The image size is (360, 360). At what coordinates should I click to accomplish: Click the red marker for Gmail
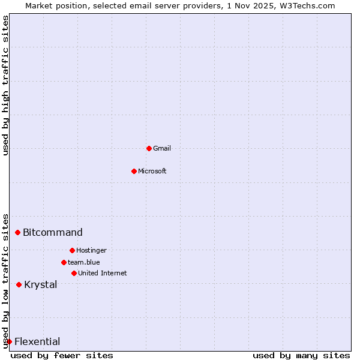click(x=149, y=148)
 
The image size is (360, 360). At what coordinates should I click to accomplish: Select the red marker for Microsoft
click(x=134, y=171)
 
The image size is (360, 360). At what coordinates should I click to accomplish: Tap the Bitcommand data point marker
click(x=18, y=232)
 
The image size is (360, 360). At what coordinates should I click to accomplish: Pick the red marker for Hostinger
click(x=72, y=250)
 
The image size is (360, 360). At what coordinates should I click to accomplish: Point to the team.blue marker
click(x=64, y=262)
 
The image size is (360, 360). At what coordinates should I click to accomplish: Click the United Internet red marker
click(x=74, y=273)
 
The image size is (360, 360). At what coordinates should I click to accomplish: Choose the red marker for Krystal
click(x=19, y=284)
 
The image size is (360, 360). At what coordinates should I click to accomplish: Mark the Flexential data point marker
click(x=9, y=341)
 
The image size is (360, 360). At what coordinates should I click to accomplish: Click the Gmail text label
click(x=162, y=148)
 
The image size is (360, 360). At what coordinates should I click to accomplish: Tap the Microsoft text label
click(x=152, y=171)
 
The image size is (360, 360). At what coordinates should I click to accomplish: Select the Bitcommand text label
click(x=53, y=232)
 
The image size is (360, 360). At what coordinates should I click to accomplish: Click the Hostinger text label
click(x=91, y=250)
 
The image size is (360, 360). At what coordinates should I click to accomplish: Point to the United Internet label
click(x=103, y=273)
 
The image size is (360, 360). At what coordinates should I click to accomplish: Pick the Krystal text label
click(x=41, y=284)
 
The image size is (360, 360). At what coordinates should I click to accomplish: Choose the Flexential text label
click(x=37, y=341)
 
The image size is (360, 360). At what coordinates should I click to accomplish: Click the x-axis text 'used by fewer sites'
click(x=62, y=355)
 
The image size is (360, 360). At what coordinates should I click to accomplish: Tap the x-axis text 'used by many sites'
click(x=301, y=355)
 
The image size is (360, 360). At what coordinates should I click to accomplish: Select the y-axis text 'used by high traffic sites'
click(x=5, y=85)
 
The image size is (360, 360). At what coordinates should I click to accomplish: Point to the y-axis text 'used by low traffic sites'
click(x=5, y=280)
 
